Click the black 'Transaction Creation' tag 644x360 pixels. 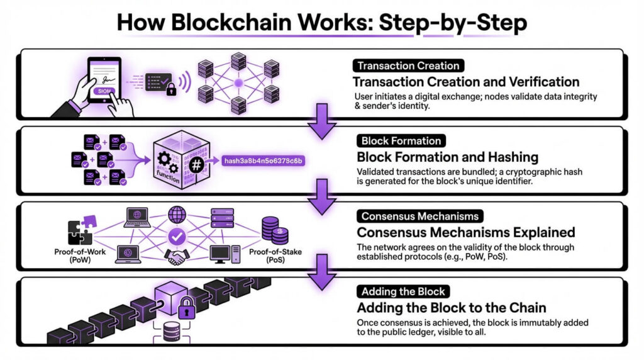[x=408, y=65]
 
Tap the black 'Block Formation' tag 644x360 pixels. [x=401, y=141]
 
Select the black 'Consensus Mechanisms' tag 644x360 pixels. [x=419, y=217]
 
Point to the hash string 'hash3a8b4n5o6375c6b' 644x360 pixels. [x=264, y=161]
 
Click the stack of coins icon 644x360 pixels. [x=274, y=230]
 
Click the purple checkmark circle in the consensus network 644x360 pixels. [x=176, y=235]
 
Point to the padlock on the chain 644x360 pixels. [x=186, y=308]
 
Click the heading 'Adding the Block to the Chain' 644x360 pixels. [x=452, y=308]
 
